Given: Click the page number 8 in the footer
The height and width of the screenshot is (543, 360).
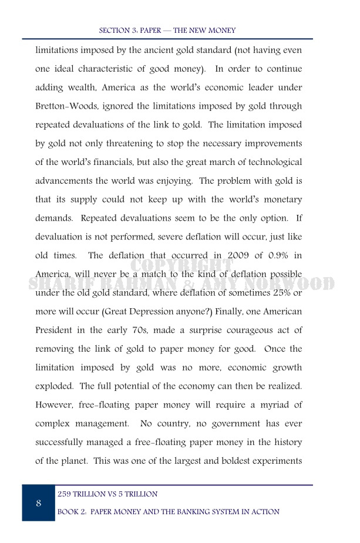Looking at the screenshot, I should [38, 503].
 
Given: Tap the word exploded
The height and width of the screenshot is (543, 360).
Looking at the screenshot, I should [55, 386].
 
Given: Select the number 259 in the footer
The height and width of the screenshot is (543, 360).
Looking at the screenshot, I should [65, 494].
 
